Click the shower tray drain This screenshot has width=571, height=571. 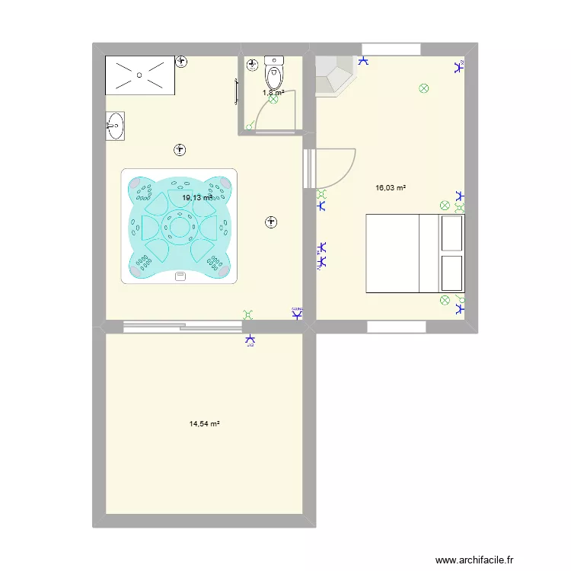(139, 75)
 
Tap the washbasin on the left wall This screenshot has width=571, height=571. (115, 126)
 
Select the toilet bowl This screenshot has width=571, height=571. (273, 75)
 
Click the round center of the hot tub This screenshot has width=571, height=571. (180, 226)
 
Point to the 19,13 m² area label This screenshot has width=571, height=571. (196, 198)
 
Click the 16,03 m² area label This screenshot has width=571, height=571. (391, 187)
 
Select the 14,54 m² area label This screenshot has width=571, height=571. (204, 423)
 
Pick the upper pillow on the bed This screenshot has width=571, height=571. (451, 232)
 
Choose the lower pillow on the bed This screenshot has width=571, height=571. (451, 273)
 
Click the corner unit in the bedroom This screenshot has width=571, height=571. (333, 75)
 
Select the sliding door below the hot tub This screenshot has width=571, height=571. (182, 327)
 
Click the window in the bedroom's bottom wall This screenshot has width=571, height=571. (396, 327)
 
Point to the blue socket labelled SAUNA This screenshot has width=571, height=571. (298, 312)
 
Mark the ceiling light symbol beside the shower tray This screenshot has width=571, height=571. (181, 62)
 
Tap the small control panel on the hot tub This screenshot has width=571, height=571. (180, 276)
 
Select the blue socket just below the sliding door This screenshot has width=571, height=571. (249, 340)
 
